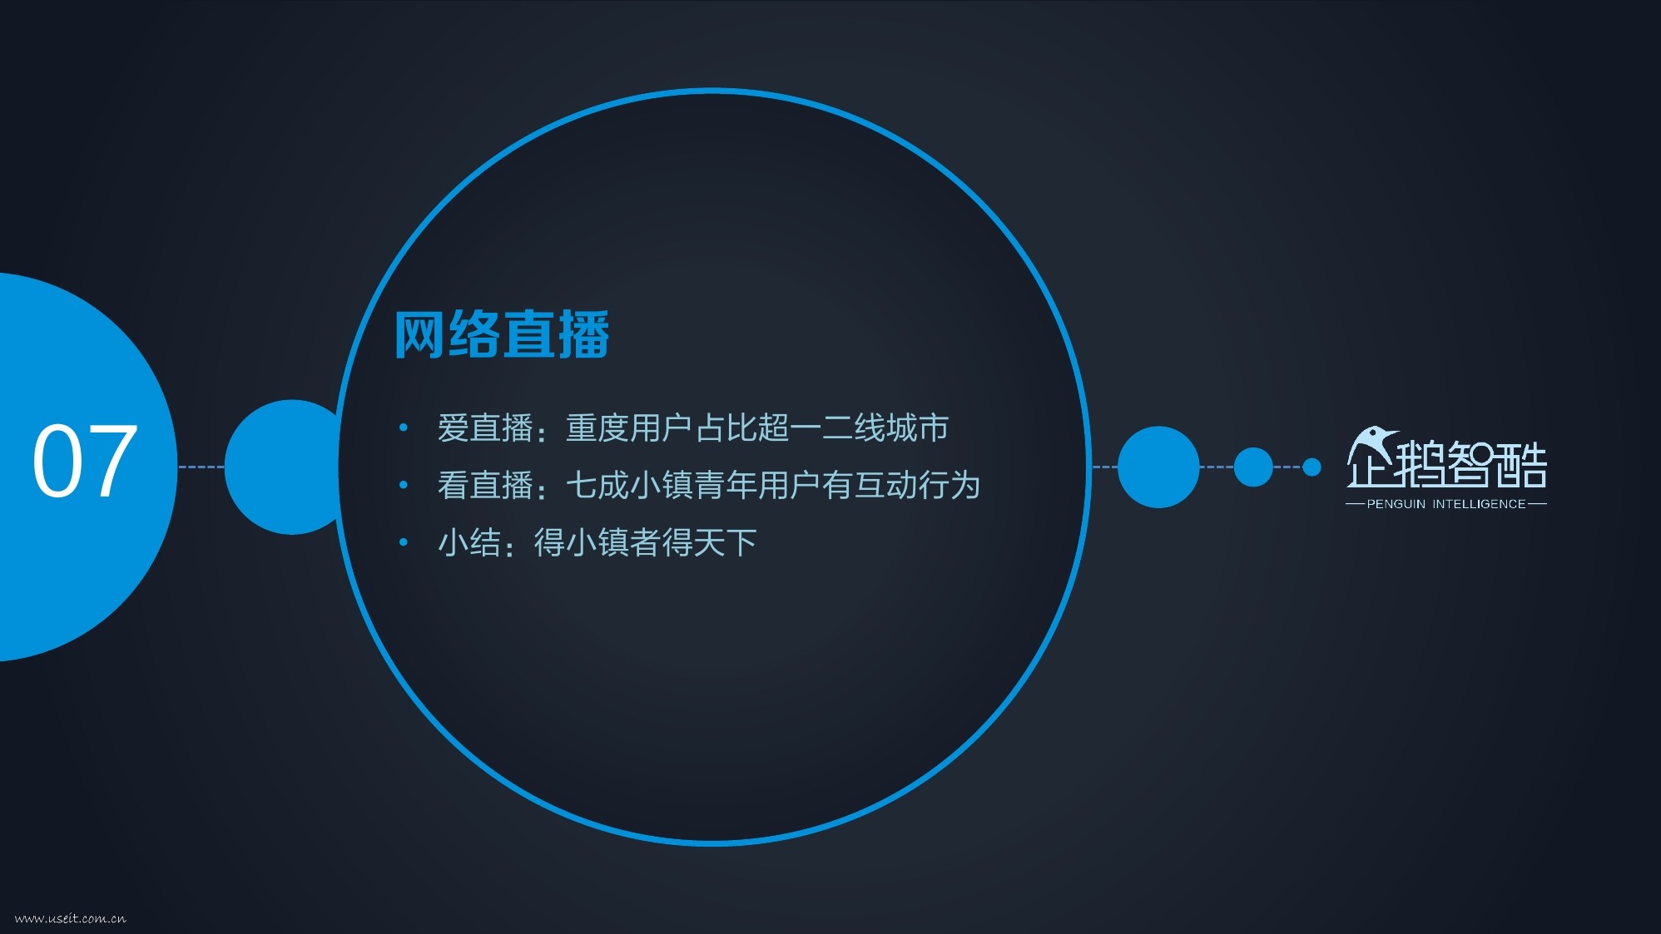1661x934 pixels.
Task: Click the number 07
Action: pos(85,461)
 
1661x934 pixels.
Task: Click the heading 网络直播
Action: pos(502,335)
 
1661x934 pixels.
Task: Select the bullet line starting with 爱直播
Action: pos(692,427)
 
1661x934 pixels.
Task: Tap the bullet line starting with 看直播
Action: pos(709,485)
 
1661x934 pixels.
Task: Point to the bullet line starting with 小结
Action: pos(597,542)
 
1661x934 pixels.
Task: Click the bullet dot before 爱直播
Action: pos(404,427)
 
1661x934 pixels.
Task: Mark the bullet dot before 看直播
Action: pos(404,485)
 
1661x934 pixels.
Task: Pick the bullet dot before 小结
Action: pos(404,542)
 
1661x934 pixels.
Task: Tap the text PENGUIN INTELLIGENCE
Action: pos(1446,504)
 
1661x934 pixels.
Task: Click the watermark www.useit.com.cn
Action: pos(71,918)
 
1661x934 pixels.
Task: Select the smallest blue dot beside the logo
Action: pos(1311,467)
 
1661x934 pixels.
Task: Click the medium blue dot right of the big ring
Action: pos(1253,467)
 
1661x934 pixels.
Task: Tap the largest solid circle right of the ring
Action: pos(1158,467)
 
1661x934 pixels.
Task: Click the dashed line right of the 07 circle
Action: pos(201,467)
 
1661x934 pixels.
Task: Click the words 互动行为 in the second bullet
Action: pos(917,485)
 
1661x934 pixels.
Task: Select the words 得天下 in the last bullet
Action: pos(709,542)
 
